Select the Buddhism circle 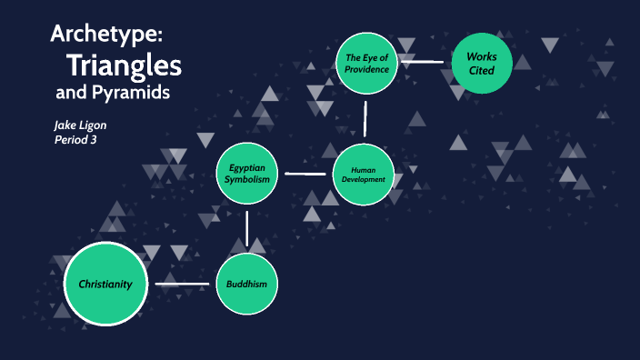[246, 285]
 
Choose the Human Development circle [364, 173]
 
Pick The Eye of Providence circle [367, 63]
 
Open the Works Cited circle [482, 63]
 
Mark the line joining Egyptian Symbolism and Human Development [306, 172]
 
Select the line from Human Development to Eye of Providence [365, 118]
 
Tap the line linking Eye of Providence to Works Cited [425, 63]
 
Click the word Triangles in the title [124, 65]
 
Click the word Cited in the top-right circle [482, 70]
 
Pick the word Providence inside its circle [367, 69]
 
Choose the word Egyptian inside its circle [247, 167]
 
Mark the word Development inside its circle [364, 179]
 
